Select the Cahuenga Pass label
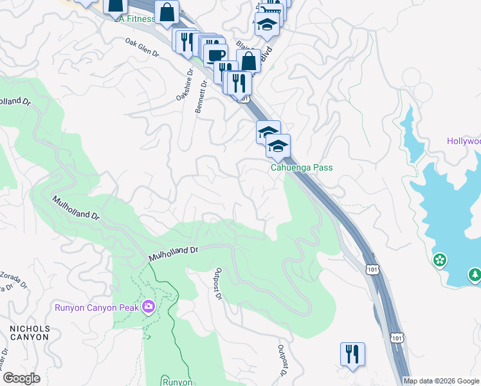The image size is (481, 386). click(301, 167)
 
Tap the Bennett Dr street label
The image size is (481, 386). click(200, 96)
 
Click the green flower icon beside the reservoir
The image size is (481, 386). click(440, 261)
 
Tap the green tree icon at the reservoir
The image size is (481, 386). click(475, 275)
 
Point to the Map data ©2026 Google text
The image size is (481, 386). click(441, 381)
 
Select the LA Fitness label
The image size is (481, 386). click(136, 19)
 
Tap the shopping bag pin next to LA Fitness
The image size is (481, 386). click(167, 11)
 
